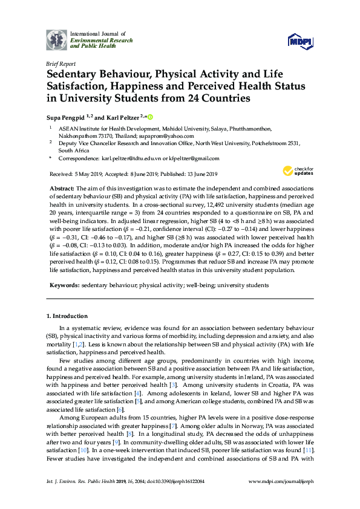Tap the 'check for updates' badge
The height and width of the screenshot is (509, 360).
(302, 171)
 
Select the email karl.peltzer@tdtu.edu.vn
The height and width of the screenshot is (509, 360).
(129, 158)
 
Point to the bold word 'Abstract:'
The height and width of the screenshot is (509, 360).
(62, 189)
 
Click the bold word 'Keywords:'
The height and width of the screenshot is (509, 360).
(64, 284)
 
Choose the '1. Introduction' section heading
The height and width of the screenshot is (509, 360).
(67, 316)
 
